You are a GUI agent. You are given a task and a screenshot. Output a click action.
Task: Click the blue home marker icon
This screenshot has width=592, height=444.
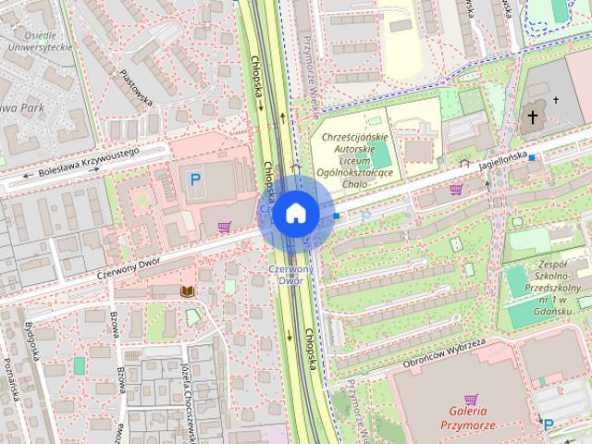295,213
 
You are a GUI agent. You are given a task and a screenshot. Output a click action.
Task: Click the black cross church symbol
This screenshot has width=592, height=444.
533,117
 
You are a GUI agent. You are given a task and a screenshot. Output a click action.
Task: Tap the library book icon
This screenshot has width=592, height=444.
187,290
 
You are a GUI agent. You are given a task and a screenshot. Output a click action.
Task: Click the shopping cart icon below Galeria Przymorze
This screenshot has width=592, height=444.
472,400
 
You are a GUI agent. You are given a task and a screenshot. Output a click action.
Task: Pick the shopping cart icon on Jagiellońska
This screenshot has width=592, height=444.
455,190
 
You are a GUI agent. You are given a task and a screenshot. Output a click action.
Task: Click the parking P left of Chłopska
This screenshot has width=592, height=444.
194,179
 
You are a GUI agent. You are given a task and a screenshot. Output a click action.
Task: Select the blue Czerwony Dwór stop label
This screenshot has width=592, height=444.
291,274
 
